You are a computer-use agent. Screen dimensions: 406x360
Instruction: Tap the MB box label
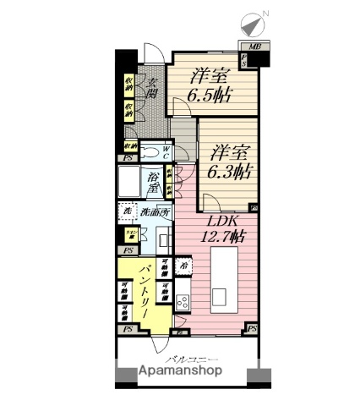coord(254,47)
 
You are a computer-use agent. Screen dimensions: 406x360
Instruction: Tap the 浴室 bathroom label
coord(153,179)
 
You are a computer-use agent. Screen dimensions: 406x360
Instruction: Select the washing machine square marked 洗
coord(126,210)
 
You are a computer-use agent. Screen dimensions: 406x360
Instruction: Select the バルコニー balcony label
coord(182,359)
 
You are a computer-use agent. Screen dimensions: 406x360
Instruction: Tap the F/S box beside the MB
coord(243,61)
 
